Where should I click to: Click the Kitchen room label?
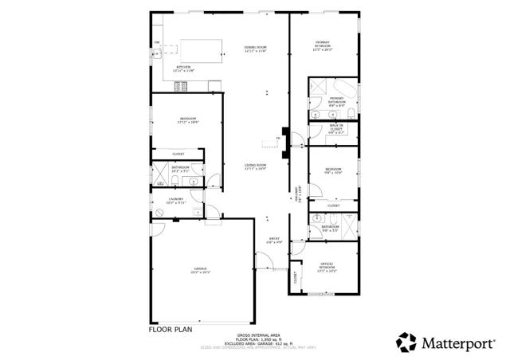tap(183, 68)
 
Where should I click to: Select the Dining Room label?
tap(255, 49)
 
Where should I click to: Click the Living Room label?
tap(255, 166)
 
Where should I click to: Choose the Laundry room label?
tap(176, 201)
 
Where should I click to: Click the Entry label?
tap(274, 241)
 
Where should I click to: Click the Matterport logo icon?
tap(407, 342)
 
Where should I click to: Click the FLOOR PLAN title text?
tap(171, 327)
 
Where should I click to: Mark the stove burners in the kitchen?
tap(157, 42)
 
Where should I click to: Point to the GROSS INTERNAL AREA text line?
tap(255, 335)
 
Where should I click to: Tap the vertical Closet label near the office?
tap(295, 279)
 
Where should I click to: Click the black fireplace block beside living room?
tap(284, 133)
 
